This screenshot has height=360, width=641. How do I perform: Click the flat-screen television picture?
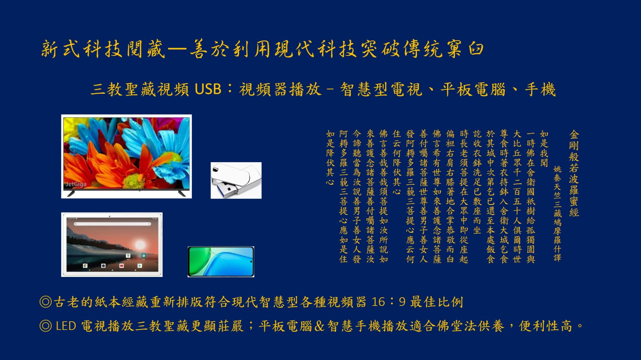(x=127, y=156)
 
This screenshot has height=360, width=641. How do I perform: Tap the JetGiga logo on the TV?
(x=76, y=184)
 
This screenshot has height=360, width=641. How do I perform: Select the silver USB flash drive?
(x=236, y=181)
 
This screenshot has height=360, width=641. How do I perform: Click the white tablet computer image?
(x=112, y=245)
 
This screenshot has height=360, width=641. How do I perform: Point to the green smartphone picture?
(x=221, y=262)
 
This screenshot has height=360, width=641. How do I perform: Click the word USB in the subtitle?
(x=208, y=89)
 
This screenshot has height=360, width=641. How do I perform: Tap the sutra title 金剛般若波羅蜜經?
(x=574, y=173)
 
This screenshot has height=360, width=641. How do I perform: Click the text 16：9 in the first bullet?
(x=389, y=302)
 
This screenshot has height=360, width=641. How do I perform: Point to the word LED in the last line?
(x=66, y=326)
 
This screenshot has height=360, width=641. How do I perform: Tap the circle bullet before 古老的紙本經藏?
(x=46, y=302)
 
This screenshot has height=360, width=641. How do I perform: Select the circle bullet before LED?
(x=46, y=326)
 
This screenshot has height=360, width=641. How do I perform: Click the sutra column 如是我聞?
(x=544, y=148)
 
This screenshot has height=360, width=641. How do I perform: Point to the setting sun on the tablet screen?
(x=140, y=243)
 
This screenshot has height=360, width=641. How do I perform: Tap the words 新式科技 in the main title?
(x=82, y=49)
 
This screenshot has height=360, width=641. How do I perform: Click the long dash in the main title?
(x=177, y=49)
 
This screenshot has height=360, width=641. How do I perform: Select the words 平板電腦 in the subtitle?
(x=473, y=89)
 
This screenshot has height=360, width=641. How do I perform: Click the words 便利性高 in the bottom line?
(x=546, y=326)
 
